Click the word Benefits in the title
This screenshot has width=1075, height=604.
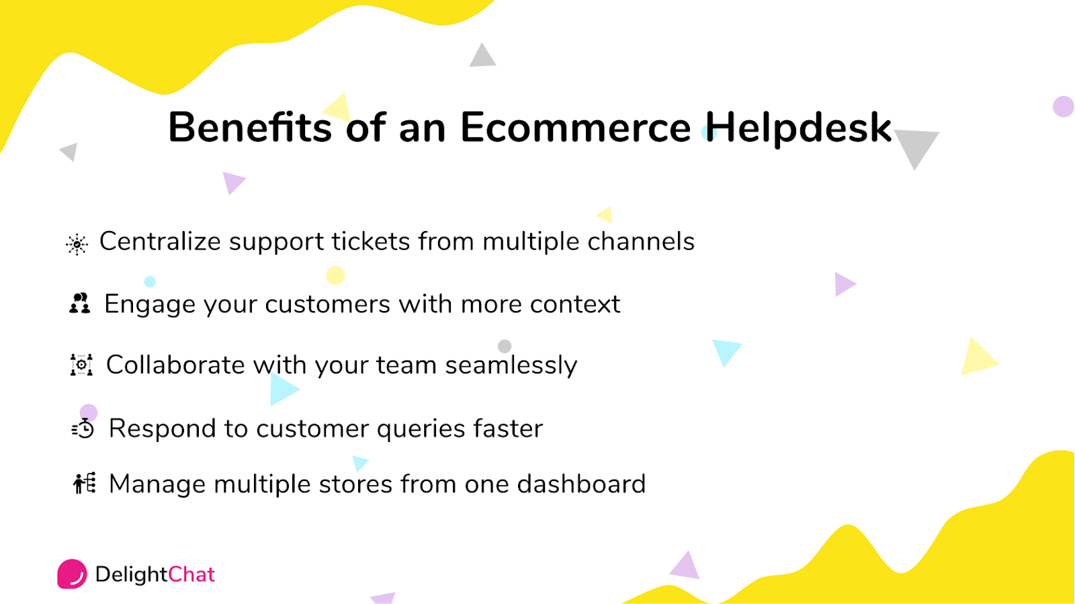click(x=249, y=127)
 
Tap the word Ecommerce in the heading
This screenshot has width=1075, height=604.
click(x=575, y=127)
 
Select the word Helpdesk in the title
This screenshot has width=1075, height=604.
click(x=798, y=127)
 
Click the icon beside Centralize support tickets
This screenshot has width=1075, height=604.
click(x=77, y=244)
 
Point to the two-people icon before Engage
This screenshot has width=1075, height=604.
click(x=80, y=304)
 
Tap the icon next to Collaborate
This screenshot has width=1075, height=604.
click(x=82, y=364)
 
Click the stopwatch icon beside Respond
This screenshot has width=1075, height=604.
click(x=83, y=428)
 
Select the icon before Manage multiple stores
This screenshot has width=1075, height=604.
click(x=85, y=483)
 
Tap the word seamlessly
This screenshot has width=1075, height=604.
click(x=511, y=365)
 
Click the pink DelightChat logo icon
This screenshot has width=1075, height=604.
click(x=72, y=574)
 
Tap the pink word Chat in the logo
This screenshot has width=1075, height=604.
click(x=191, y=574)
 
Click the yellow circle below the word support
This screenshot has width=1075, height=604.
click(x=335, y=275)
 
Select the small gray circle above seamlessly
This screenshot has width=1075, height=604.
click(x=505, y=346)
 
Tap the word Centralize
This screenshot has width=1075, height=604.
click(x=160, y=241)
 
